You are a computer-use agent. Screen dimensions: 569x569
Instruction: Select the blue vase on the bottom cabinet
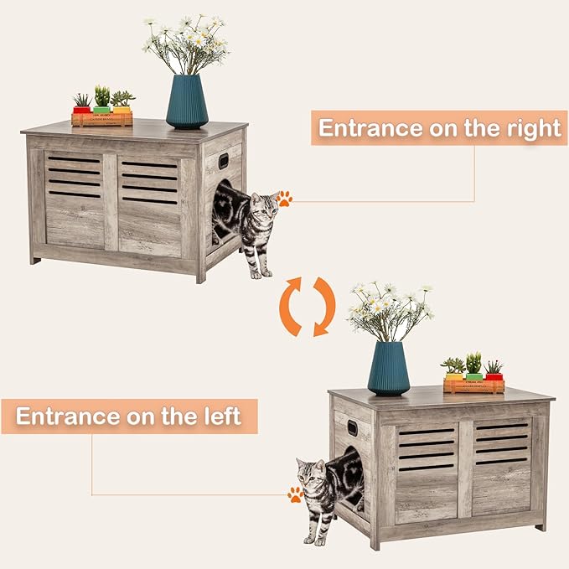click(x=388, y=368)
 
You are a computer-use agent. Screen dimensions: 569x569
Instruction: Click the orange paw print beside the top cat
click(x=285, y=199)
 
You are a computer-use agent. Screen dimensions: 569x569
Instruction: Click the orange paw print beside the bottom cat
click(x=295, y=494)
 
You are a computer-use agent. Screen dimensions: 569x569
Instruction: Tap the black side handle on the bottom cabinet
click(x=352, y=428)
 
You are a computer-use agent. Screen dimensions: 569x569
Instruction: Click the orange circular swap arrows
click(x=307, y=307)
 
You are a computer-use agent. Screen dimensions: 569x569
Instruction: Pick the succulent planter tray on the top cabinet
click(x=101, y=118)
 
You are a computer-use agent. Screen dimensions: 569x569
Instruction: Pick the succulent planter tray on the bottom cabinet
click(x=473, y=385)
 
